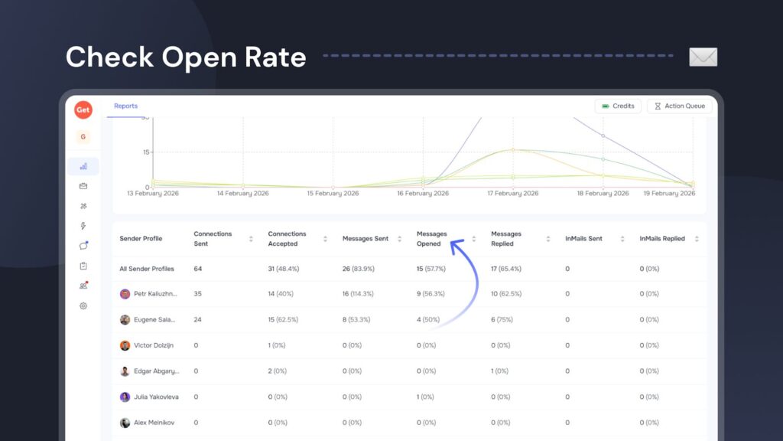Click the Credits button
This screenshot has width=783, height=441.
coord(618,106)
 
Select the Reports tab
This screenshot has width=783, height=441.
coord(125,106)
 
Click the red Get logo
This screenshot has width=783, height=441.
coord(83,110)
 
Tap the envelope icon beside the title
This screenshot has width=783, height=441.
coord(703,57)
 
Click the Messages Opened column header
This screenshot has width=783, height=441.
coord(432,239)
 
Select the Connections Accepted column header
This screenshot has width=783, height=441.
coord(287,239)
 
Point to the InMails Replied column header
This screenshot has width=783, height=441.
coord(662,239)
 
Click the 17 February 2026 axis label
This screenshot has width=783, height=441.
coord(512,194)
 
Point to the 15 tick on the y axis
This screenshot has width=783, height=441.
coord(145,152)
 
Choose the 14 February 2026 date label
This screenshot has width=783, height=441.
coord(242,194)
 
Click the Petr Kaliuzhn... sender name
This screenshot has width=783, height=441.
coord(155,294)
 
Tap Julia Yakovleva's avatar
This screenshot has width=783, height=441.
coord(125,397)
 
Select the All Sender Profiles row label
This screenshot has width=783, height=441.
coord(147,269)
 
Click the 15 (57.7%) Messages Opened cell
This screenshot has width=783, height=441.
coord(430,269)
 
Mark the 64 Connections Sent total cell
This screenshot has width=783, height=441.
coord(198,269)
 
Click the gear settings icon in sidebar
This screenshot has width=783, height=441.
coord(83,306)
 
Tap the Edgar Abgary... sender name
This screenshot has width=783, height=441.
coord(156,371)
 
